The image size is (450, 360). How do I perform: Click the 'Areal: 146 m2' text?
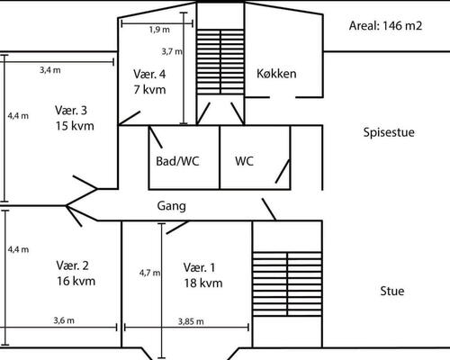(385, 25)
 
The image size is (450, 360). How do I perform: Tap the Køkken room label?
(276, 74)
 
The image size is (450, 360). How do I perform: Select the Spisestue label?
(388, 133)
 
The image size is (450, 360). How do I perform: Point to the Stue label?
(391, 291)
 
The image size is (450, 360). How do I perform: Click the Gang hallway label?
(171, 206)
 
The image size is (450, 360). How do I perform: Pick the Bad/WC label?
(178, 162)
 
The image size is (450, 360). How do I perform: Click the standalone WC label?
(244, 162)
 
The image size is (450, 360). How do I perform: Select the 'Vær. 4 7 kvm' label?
(149, 81)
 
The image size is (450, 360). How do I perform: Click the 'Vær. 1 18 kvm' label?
(202, 275)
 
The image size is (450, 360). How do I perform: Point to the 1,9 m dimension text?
(157, 29)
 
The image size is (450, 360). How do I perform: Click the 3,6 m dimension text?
(63, 321)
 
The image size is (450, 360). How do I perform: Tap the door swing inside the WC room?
(282, 170)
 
